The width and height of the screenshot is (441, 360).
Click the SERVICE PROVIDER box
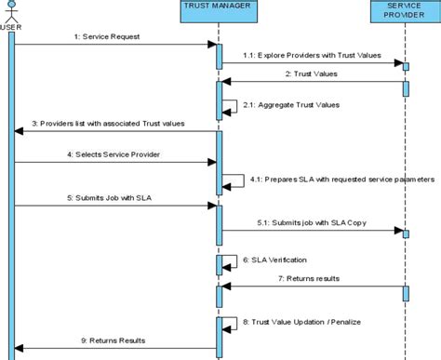point(406,16)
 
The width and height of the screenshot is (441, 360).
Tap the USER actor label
point(10,26)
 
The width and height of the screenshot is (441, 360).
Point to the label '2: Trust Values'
point(311,73)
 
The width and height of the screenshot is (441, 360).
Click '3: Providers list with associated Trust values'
point(108,122)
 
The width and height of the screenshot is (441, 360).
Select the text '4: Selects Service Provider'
point(107,153)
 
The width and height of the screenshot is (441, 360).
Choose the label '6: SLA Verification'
point(276,260)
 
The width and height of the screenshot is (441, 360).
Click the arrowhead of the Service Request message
point(213,45)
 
